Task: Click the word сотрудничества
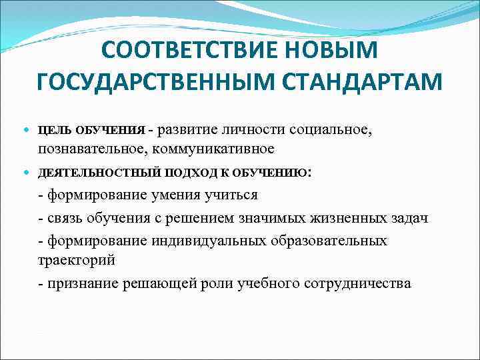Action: pyautogui.click(x=357, y=283)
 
